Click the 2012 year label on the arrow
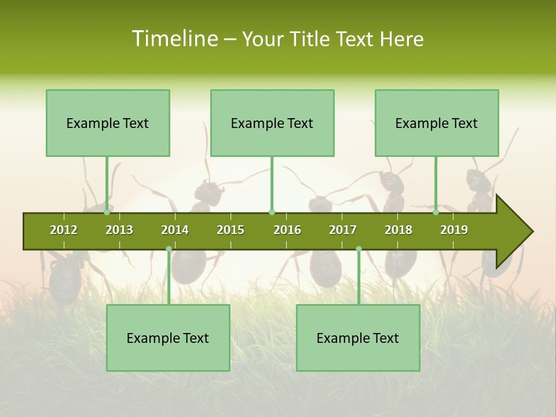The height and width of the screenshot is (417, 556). [x=64, y=230]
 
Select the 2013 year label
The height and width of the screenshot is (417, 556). [x=119, y=230]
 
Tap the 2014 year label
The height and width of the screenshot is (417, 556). [x=175, y=230]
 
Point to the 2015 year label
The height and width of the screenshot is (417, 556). [x=231, y=230]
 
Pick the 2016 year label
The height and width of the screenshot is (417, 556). [x=287, y=230]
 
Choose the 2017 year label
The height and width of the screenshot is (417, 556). [x=343, y=230]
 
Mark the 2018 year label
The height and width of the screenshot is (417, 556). [x=398, y=230]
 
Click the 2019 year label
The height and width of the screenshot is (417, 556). [x=454, y=230]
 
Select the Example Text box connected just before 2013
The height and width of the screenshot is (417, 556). [x=108, y=123]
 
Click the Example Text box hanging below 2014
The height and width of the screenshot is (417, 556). [x=168, y=338]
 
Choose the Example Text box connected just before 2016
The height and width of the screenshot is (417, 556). [x=272, y=123]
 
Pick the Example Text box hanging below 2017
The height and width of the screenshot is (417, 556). [x=358, y=338]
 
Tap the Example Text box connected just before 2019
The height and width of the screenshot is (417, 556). [x=437, y=123]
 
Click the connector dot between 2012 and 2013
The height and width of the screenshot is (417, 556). [x=107, y=213]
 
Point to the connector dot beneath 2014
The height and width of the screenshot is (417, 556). [x=169, y=249]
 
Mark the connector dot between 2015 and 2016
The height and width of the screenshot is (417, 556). [x=272, y=213]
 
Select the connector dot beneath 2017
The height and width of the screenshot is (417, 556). [x=359, y=249]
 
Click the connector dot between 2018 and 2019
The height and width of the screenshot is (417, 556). [x=436, y=213]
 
